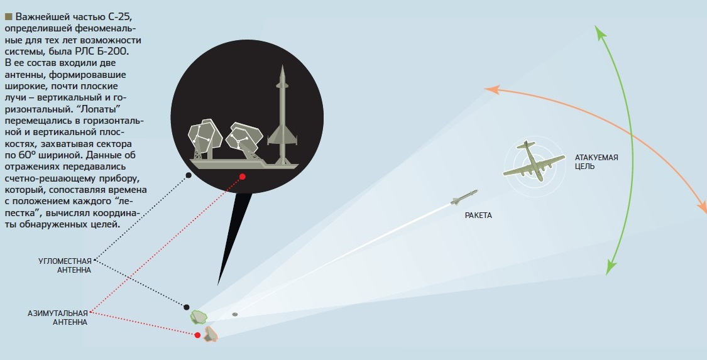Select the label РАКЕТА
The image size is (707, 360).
[478, 215]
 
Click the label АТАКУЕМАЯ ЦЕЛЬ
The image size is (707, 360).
[596, 161]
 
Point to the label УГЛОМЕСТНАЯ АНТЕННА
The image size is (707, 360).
[65, 265]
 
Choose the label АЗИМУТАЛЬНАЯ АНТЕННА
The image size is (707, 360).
[57, 317]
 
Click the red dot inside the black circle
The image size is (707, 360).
[242, 177]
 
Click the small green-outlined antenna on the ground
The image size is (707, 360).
[199, 316]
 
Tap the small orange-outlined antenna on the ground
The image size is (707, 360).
[211, 334]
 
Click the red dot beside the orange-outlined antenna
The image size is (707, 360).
[197, 335]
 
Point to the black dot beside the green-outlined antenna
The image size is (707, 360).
[187, 307]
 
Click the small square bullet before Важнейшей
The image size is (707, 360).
[8, 16]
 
